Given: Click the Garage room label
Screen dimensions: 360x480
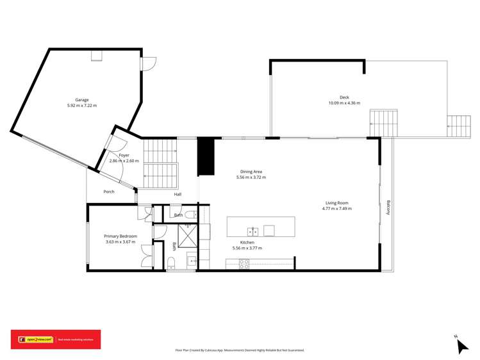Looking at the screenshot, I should pyautogui.click(x=81, y=100).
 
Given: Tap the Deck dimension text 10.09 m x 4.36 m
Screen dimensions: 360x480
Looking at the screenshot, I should pyautogui.click(x=344, y=103).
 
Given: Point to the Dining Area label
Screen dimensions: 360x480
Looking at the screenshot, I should pyautogui.click(x=251, y=172).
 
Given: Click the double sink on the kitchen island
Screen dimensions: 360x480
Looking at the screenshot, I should pyautogui.click(x=253, y=231).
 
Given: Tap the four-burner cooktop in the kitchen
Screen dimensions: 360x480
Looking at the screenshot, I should pyautogui.click(x=244, y=263).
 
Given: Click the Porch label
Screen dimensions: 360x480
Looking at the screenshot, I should pyautogui.click(x=109, y=192).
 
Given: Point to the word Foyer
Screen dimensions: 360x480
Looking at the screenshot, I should pyautogui.click(x=124, y=155).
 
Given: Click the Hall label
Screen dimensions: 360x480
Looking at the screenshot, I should pyautogui.click(x=178, y=194).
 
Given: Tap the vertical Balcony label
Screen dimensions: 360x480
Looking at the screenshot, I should pyautogui.click(x=388, y=208).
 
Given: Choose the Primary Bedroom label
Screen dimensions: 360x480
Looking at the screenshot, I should pyautogui.click(x=120, y=236).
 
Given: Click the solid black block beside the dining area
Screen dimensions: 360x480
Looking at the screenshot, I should pyautogui.click(x=205, y=156).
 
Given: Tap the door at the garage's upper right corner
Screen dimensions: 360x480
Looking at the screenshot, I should pyautogui.click(x=149, y=63).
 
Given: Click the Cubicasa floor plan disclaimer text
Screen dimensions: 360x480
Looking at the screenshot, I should pyautogui.click(x=240, y=350).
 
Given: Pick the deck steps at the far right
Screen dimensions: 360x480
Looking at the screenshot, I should pyautogui.click(x=459, y=126).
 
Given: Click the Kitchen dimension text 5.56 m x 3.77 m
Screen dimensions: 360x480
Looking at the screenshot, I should pyautogui.click(x=247, y=248).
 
